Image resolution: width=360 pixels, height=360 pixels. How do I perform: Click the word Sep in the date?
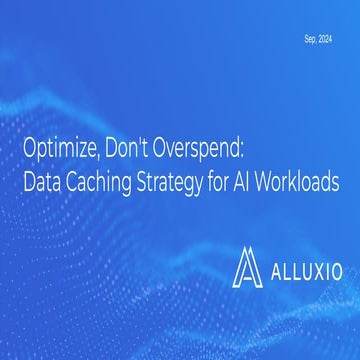pyautogui.click(x=308, y=38)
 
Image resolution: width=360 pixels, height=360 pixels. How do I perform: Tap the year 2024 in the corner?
pyautogui.click(x=325, y=38)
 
